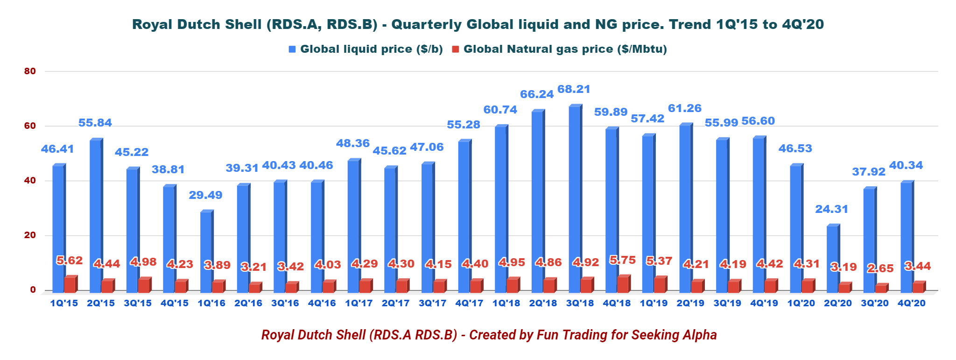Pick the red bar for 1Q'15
[x=70, y=284]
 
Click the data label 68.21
[x=574, y=89]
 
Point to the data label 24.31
[x=831, y=209]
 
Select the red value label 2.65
[x=880, y=268]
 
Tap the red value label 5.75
[x=622, y=260]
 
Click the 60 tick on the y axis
[x=30, y=126]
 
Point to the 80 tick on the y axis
[x=30, y=71]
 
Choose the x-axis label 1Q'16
[x=211, y=304]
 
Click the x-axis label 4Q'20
[x=911, y=304]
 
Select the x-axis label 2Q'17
[x=395, y=304]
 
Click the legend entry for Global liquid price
[x=371, y=49]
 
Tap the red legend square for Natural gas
[x=456, y=49]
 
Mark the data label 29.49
[x=205, y=195]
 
